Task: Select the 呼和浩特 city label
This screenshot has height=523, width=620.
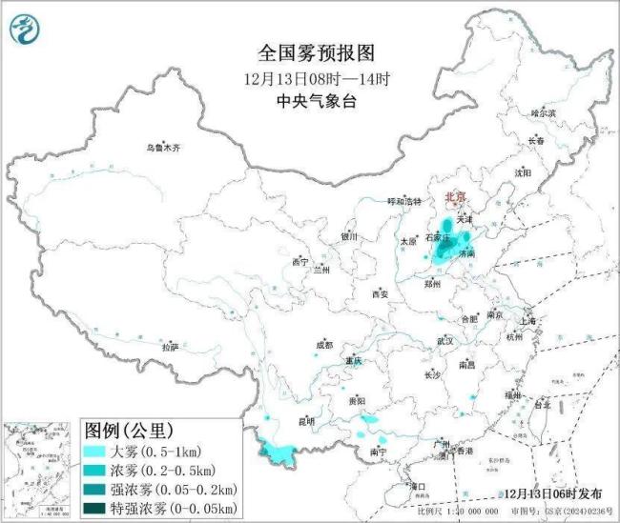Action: pos(403,202)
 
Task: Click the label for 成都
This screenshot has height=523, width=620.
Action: pos(327,346)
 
